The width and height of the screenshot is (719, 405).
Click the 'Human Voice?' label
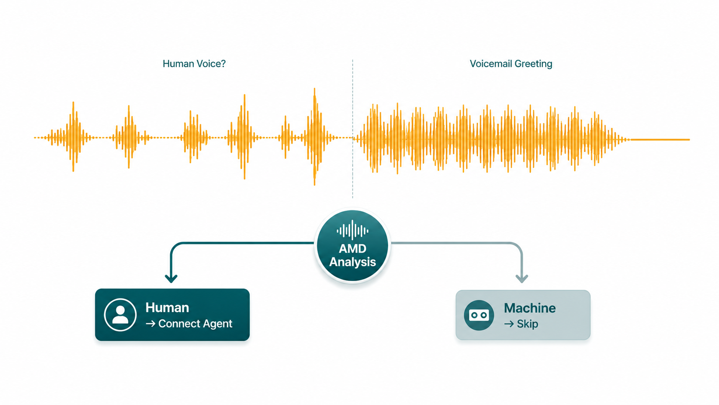pos(194,64)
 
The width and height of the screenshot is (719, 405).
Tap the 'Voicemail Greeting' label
pos(511,64)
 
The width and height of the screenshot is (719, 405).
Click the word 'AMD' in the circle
pos(353,249)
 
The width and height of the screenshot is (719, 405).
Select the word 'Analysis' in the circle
pos(353,262)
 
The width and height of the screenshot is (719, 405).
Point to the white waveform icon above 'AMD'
pos(353,230)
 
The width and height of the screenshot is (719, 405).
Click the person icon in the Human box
pos(120,315)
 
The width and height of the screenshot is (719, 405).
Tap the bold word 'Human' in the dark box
pos(167,308)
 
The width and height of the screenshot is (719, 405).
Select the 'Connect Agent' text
pos(195,324)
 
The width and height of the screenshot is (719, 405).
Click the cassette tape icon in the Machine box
pos(479,315)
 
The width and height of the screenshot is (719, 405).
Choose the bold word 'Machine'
pos(530,308)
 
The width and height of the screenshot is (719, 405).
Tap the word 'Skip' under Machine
pos(527,324)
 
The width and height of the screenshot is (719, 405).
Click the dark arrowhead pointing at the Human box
pos(171,278)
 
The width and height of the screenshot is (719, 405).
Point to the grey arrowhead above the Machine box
pos(522,278)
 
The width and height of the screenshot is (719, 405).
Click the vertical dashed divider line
pos(353,128)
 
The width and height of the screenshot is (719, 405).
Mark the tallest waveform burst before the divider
pos(315,137)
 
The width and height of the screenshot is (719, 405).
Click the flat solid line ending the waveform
pos(660,140)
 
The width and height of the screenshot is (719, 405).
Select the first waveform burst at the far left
pos(74,137)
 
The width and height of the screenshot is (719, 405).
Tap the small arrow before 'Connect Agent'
pos(151,324)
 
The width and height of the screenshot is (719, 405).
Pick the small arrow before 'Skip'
pos(509,324)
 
